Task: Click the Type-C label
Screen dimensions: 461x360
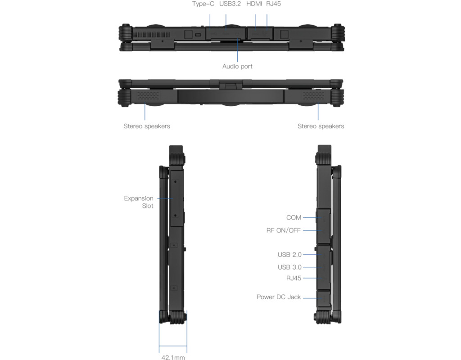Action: (x=203, y=4)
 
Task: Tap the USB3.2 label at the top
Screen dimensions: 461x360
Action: (x=230, y=4)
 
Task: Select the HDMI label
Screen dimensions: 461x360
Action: (x=254, y=4)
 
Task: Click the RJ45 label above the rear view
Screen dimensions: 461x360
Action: (x=273, y=4)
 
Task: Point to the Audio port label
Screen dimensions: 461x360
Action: (x=237, y=67)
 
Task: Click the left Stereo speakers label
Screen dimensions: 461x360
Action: (x=147, y=126)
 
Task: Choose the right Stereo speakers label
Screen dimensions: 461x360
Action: (x=321, y=126)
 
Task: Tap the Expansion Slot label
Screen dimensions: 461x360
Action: (x=139, y=202)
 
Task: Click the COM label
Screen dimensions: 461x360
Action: (x=294, y=218)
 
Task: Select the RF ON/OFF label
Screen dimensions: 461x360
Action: (x=284, y=230)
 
